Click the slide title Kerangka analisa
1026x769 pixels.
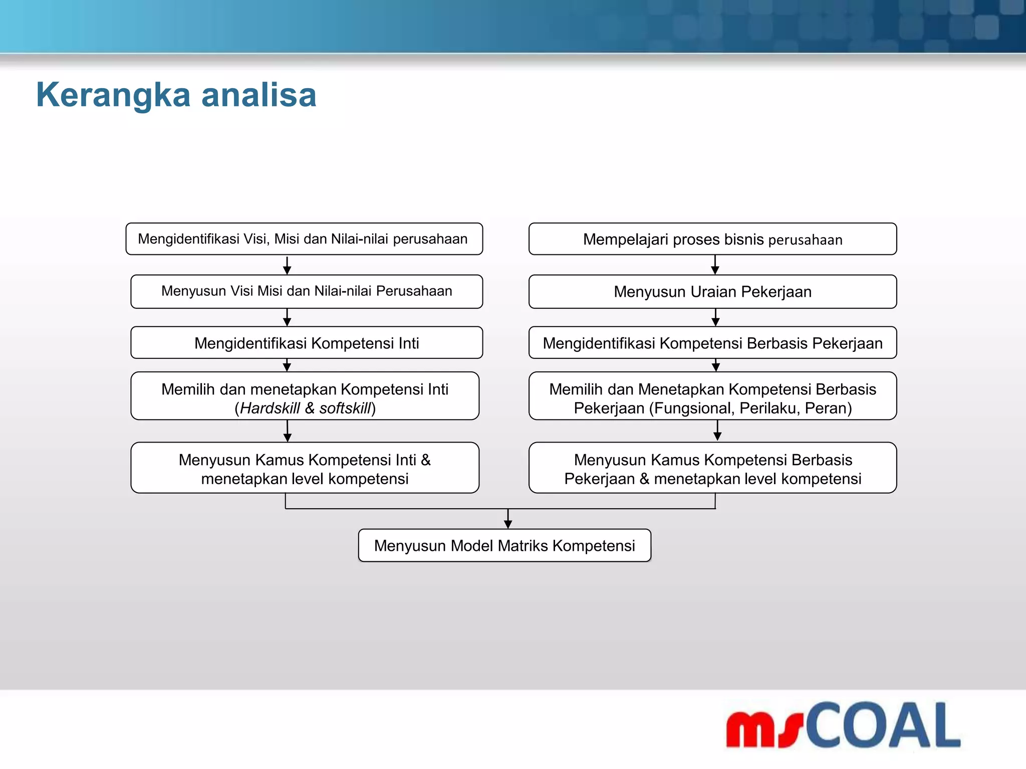[176, 95]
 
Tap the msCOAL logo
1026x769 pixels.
[843, 725]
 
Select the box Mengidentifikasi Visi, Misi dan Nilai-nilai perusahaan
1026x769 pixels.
[304, 239]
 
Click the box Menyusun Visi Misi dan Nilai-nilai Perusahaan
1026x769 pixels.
[307, 291]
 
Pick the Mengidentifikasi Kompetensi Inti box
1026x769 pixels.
[307, 343]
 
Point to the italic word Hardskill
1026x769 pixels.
[270, 409]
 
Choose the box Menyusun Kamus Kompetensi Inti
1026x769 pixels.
[305, 468]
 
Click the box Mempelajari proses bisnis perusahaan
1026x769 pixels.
[712, 239]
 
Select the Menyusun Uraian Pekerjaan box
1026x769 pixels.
[712, 291]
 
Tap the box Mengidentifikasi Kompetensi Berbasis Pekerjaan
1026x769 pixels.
[712, 343]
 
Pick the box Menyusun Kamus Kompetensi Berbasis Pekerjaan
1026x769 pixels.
[712, 468]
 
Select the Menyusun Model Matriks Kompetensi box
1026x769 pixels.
[504, 546]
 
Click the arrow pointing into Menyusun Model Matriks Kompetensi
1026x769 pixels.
[508, 520]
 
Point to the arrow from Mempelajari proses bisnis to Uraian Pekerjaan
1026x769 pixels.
[715, 265]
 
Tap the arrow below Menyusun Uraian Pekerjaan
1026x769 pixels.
[715, 318]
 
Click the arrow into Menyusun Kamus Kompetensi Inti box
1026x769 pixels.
[288, 432]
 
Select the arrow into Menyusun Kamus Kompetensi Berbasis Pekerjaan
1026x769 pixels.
[717, 431]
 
